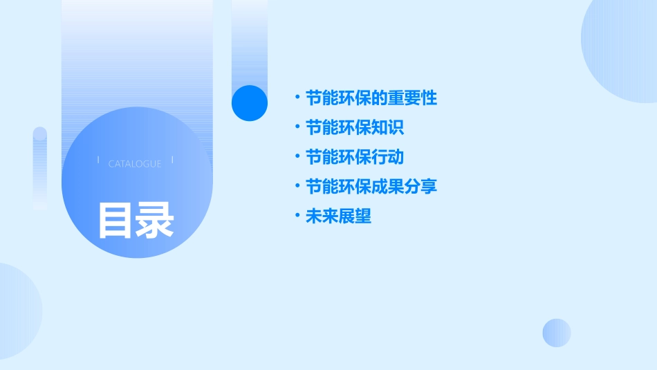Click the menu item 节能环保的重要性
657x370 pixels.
[x=371, y=98]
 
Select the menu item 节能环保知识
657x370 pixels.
[x=355, y=128]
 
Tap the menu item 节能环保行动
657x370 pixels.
[x=355, y=158]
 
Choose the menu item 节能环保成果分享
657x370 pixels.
[x=371, y=187]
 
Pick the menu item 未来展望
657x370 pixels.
[x=338, y=216]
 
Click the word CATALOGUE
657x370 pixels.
[x=135, y=164]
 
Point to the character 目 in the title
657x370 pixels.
[x=115, y=221]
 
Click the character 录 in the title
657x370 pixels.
[x=155, y=221]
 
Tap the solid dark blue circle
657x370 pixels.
[x=250, y=103]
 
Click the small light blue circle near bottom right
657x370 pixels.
[x=557, y=333]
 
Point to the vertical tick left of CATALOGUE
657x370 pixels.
[x=98, y=160]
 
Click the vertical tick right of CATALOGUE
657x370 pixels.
[x=172, y=160]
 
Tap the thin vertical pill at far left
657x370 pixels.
[x=40, y=168]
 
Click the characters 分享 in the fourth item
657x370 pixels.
[x=421, y=187]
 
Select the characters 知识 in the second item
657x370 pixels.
[x=388, y=128]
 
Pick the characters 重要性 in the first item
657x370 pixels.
[x=413, y=98]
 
